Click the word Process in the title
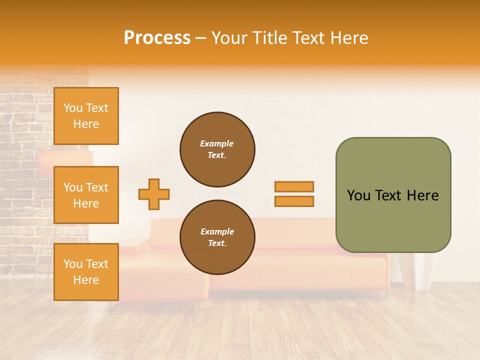click(x=157, y=37)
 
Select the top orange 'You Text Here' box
click(x=86, y=116)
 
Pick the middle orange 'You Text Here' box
click(x=86, y=195)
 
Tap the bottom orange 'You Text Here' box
click(x=86, y=272)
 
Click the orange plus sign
click(x=154, y=194)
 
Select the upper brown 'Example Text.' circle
click(x=217, y=149)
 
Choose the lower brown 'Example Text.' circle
click(x=217, y=237)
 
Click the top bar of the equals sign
click(x=294, y=186)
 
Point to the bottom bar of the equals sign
click(x=294, y=201)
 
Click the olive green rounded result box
click(x=393, y=220)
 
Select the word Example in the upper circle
click(x=217, y=143)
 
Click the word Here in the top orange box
click(x=86, y=124)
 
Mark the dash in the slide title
click(x=200, y=37)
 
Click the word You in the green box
click(x=358, y=195)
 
